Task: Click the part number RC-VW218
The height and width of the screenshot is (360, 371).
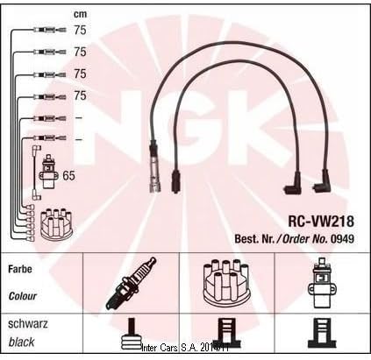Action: pyautogui.click(x=321, y=222)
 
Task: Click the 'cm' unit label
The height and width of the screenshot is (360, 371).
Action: pyautogui.click(x=80, y=14)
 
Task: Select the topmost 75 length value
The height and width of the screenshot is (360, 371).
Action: pyautogui.click(x=80, y=30)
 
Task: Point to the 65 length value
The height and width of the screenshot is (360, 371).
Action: pyautogui.click(x=69, y=175)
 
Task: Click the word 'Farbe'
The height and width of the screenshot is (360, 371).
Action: pyautogui.click(x=20, y=269)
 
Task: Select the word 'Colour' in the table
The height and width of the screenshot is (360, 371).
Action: pyautogui.click(x=23, y=296)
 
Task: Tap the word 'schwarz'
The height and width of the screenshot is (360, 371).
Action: pyautogui.click(x=28, y=324)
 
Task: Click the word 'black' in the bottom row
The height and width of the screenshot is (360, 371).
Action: pyautogui.click(x=21, y=342)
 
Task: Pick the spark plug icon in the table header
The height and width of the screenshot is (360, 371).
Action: pyautogui.click(x=131, y=283)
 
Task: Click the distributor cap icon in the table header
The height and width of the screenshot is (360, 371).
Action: pyautogui.click(x=226, y=283)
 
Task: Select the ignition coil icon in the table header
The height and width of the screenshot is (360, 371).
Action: pyautogui.click(x=322, y=283)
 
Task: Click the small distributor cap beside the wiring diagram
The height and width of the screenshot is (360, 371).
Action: pyautogui.click(x=56, y=222)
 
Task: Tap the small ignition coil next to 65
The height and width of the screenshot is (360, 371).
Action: pyautogui.click(x=48, y=173)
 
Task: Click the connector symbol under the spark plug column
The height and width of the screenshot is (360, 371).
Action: pyautogui.click(x=132, y=334)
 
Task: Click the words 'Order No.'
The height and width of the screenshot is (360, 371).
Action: pyautogui.click(x=305, y=239)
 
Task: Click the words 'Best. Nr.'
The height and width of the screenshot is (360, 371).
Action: pyautogui.click(x=254, y=239)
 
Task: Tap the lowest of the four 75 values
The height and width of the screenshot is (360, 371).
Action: pyautogui.click(x=80, y=95)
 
